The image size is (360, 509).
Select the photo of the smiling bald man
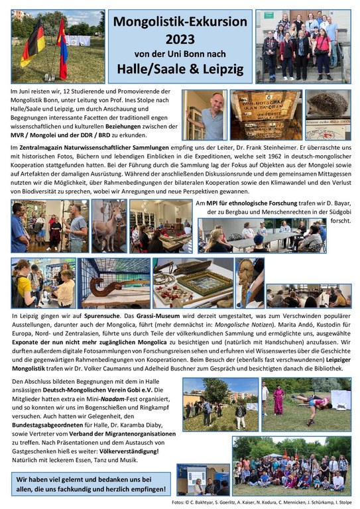(204, 114)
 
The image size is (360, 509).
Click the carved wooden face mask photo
(249, 281)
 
